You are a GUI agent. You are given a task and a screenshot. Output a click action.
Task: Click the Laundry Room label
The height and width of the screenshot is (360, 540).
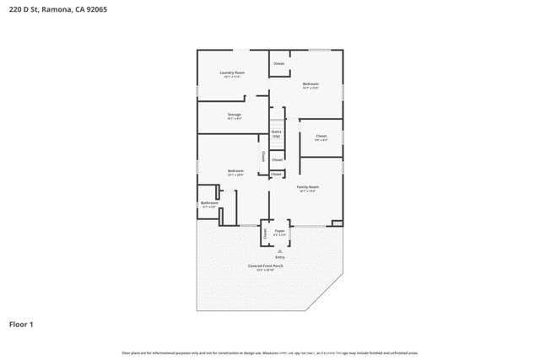pyautogui.click(x=232, y=73)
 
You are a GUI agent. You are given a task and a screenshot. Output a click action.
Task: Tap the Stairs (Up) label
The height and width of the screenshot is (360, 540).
pyautogui.click(x=277, y=133)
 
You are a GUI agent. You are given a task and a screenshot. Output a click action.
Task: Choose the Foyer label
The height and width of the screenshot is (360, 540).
pyautogui.click(x=279, y=229)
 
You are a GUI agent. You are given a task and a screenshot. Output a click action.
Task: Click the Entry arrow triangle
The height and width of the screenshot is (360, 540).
pyautogui.click(x=279, y=250)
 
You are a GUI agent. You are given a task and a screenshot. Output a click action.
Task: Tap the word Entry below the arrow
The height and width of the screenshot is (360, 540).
pyautogui.click(x=279, y=257)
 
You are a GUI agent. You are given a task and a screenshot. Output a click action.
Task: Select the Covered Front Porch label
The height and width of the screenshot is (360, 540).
pyautogui.click(x=265, y=266)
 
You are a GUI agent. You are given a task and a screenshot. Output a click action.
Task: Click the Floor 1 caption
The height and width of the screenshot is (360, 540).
pyautogui.click(x=22, y=324)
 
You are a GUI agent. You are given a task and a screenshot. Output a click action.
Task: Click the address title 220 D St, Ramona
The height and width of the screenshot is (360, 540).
pyautogui.click(x=46, y=10)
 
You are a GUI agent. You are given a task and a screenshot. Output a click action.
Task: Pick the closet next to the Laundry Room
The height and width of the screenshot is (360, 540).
pyautogui.click(x=278, y=63)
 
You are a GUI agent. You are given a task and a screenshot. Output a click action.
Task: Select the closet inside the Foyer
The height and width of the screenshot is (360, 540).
pyautogui.click(x=265, y=233)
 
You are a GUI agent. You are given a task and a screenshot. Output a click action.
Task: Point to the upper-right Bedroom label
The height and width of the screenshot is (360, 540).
pyautogui.click(x=310, y=83)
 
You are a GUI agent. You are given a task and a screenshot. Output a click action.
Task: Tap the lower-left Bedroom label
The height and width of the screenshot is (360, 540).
pyautogui.click(x=235, y=171)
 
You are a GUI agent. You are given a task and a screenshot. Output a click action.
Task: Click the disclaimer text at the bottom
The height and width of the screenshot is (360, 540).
pyautogui.click(x=270, y=352)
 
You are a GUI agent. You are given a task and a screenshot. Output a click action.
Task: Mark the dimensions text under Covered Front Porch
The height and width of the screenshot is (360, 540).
pyautogui.click(x=265, y=270)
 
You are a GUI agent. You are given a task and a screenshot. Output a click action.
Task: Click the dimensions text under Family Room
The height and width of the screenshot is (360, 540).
pyautogui.click(x=307, y=191)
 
